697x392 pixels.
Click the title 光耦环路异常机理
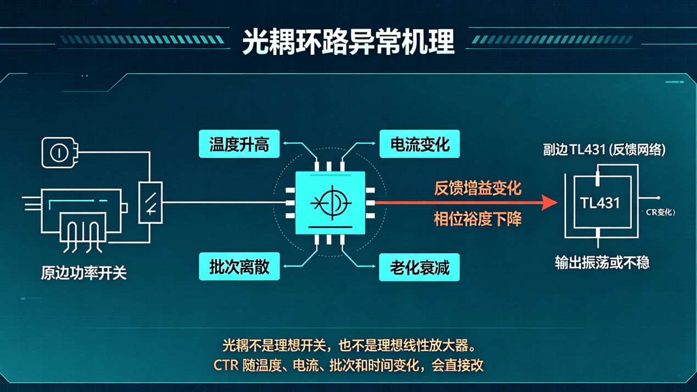348,42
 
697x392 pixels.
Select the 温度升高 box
239,144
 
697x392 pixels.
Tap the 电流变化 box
420,144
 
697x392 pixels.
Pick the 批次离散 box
239,266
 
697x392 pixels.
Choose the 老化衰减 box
419,267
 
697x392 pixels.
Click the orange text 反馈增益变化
478,188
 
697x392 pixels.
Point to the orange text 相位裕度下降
478,219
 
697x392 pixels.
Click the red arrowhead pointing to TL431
549,203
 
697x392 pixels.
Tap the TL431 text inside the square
600,203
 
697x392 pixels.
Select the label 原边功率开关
83,273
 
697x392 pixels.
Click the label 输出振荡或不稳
602,263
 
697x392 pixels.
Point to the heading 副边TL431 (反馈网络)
604,150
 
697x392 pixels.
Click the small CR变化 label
660,212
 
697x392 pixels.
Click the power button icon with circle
59,153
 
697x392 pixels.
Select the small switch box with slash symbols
150,203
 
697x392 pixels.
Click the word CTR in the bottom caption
226,365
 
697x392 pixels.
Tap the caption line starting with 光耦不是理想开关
349,345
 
